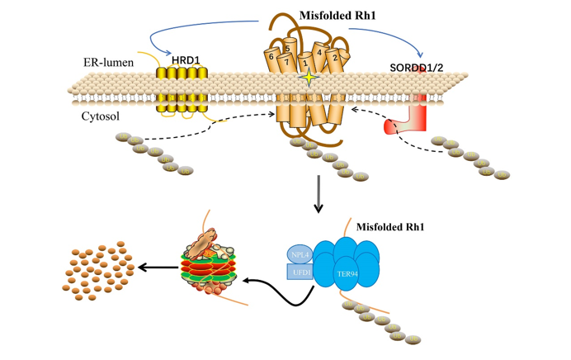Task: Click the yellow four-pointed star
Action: [x=309, y=78]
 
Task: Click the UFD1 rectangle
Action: [x=299, y=272]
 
